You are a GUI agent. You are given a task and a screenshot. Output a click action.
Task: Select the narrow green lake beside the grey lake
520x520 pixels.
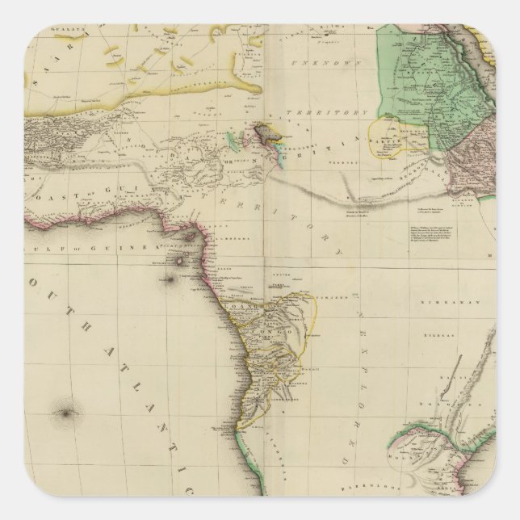click(232, 143)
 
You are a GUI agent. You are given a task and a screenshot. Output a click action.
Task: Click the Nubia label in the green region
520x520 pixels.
click(420, 77)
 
